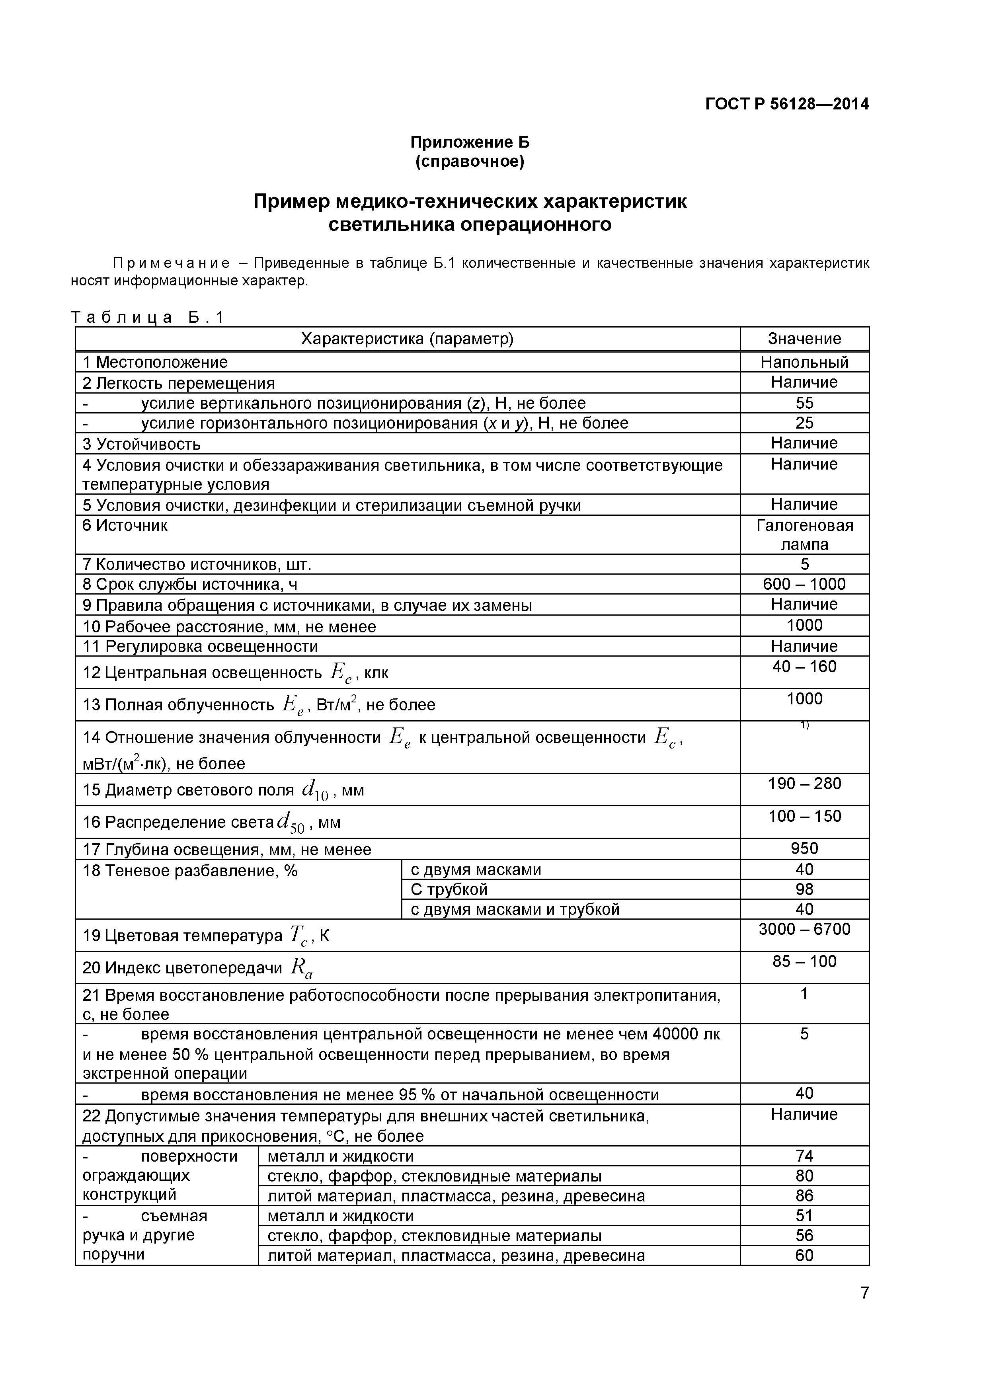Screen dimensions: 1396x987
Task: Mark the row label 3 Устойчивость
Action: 141,444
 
